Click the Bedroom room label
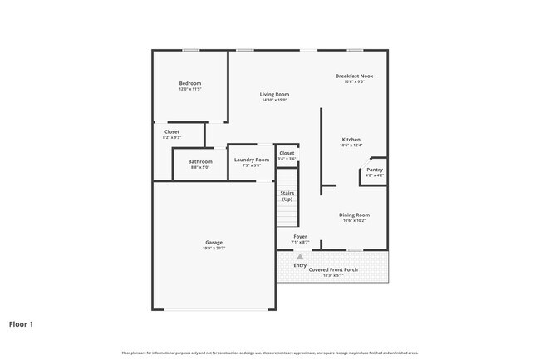[x=190, y=83]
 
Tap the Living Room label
[x=274, y=95]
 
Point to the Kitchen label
[x=351, y=140]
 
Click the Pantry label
[x=375, y=170]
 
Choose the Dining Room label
[x=353, y=215]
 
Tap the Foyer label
[x=300, y=237]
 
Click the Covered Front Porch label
[x=332, y=270]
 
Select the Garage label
[x=214, y=243]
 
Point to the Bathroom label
[x=200, y=161]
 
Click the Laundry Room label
[x=252, y=160]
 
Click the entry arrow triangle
[x=300, y=258]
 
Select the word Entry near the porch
[x=300, y=265]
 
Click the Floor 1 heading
[x=21, y=323]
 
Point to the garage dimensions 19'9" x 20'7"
[x=214, y=249]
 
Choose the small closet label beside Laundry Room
[x=287, y=154]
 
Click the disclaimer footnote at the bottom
[x=270, y=353]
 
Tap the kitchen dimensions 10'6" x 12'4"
[x=351, y=145]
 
